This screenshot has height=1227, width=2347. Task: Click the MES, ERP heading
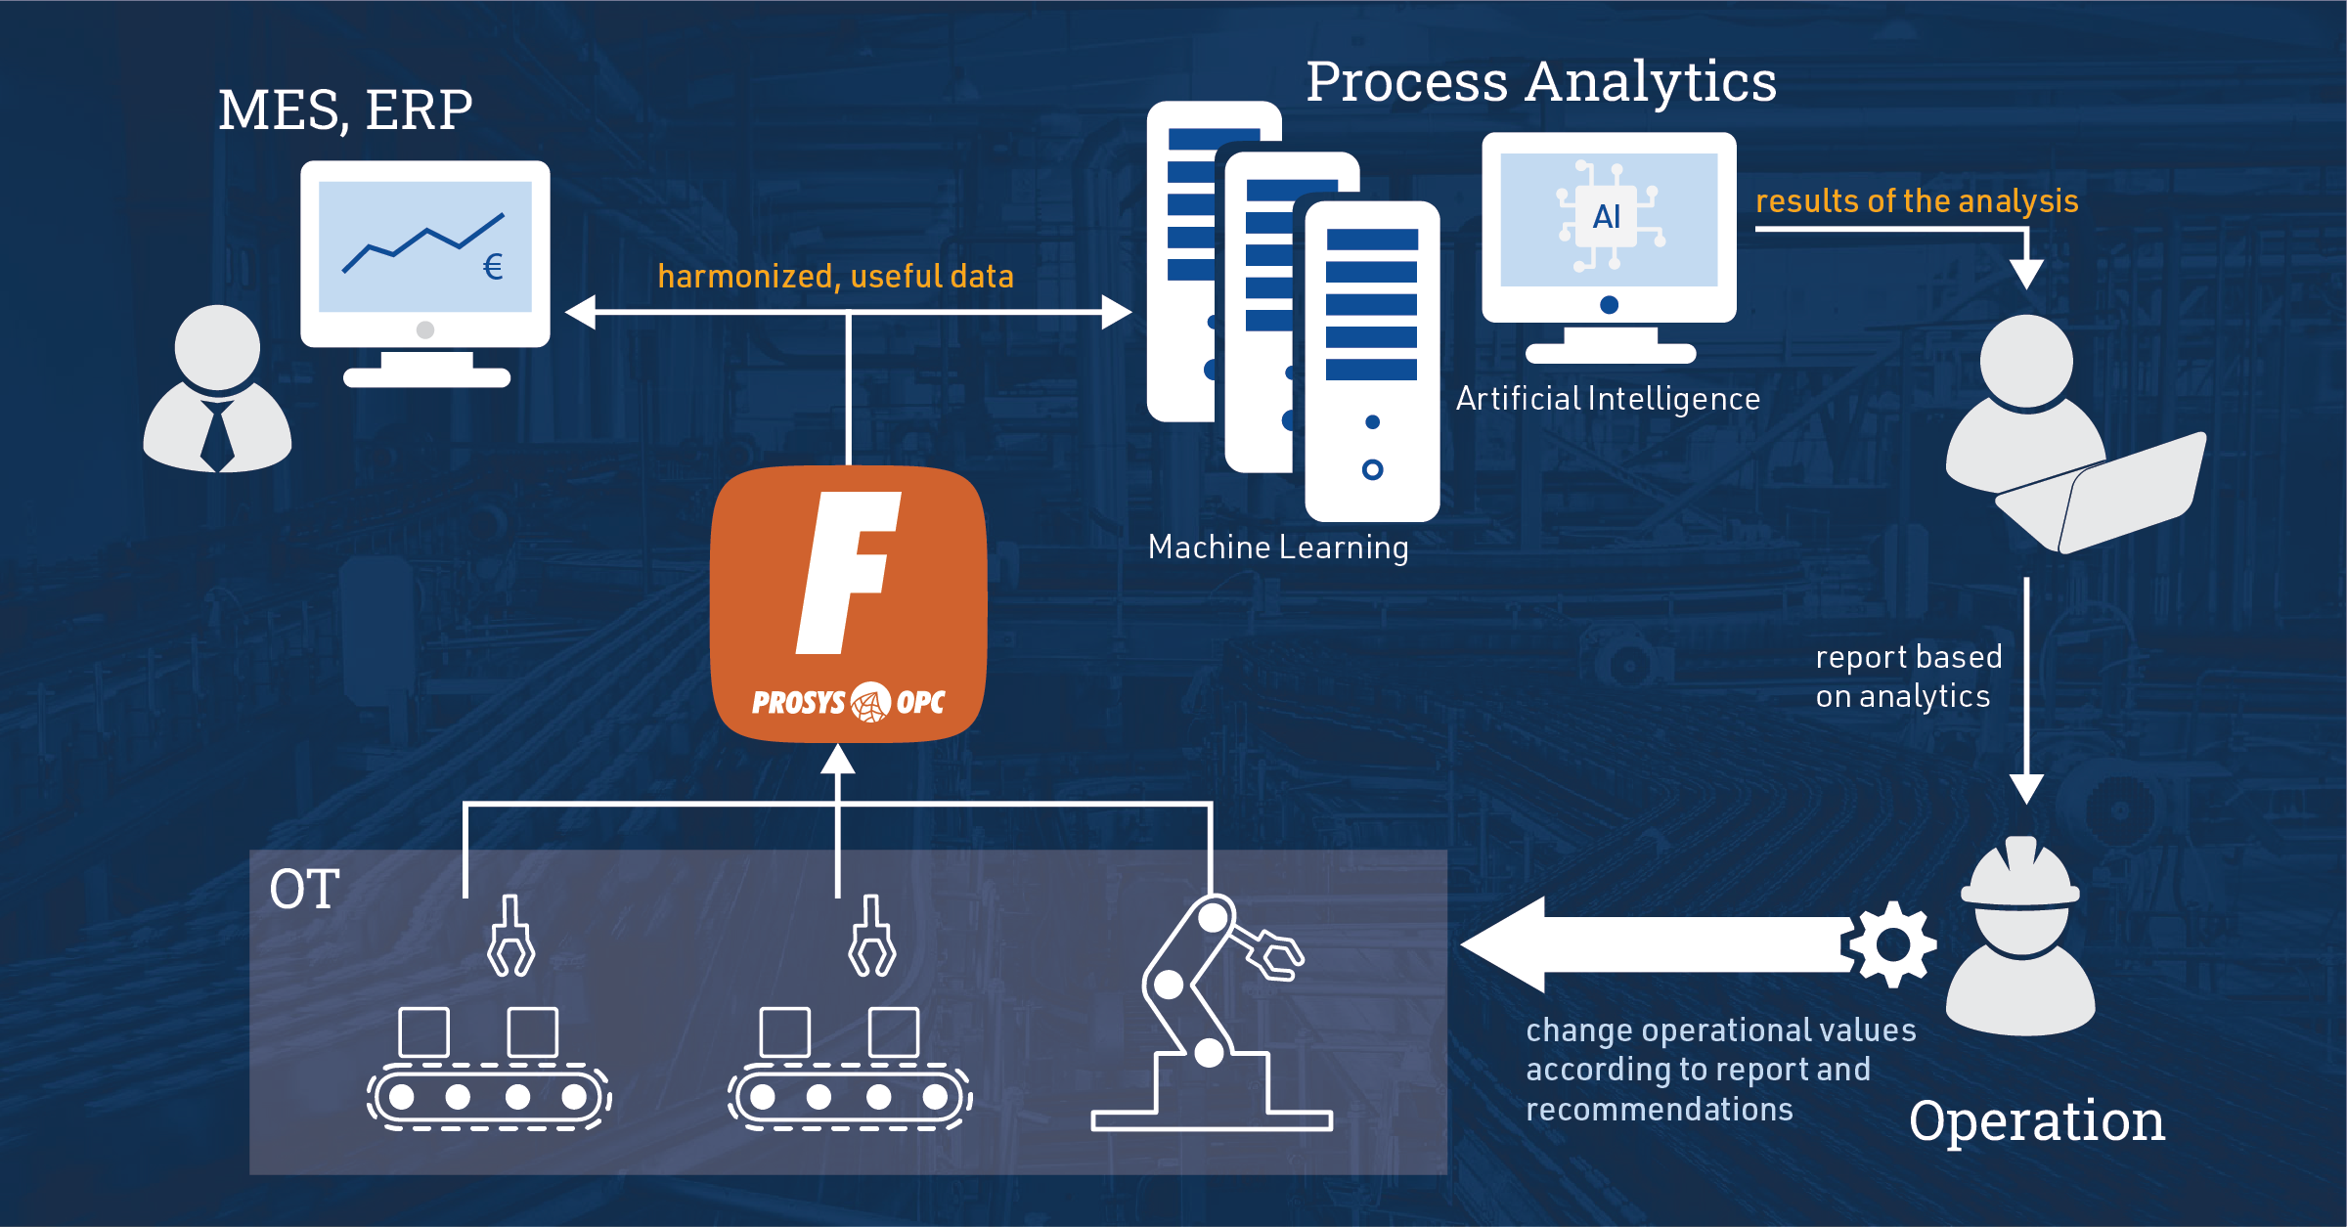345,110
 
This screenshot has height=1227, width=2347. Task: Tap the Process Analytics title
1541,83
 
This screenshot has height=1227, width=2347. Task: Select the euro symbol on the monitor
494,267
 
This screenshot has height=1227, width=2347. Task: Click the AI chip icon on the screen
1609,216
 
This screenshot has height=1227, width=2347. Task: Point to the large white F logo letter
847,573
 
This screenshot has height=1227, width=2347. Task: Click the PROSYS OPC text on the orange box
848,702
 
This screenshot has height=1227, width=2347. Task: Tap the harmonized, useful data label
836,277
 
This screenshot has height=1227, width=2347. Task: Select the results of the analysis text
1917,201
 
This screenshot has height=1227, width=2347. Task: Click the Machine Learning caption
1278,548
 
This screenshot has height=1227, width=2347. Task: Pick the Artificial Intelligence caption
1608,399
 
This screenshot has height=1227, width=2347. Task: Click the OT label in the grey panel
304,890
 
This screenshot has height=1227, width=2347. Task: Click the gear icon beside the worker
1891,944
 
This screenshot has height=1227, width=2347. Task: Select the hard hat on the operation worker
2020,872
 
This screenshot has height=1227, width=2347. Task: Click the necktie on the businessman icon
217,436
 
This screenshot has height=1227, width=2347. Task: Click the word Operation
2037,1121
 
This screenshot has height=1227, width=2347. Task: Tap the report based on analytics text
1908,677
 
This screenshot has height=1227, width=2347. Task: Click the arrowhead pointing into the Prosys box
838,759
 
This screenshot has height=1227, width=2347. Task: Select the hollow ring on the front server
1372,470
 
